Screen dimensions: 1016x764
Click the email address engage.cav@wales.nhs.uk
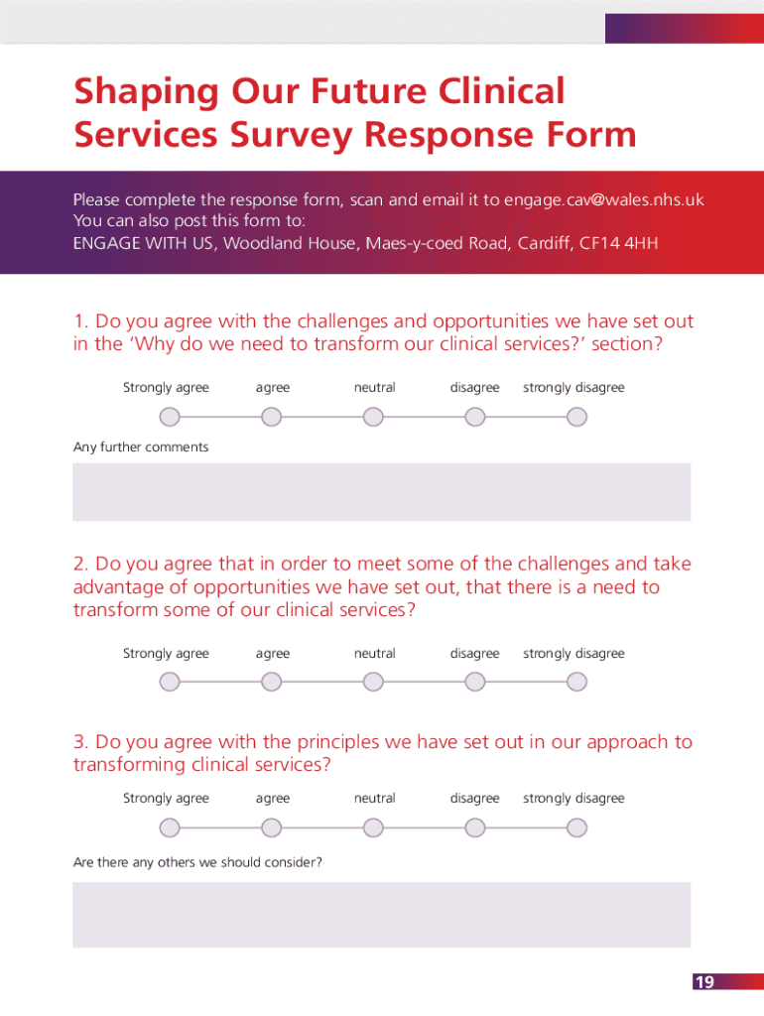(603, 199)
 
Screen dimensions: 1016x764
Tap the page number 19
(703, 982)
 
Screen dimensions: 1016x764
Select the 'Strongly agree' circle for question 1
(171, 417)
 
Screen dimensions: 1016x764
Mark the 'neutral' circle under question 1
(373, 417)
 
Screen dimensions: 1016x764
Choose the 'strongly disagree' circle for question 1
(576, 417)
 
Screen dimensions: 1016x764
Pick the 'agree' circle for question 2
(272, 683)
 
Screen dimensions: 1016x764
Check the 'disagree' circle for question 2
(475, 683)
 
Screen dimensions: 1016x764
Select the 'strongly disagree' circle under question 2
(576, 683)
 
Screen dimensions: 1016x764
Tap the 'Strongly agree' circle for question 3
(171, 827)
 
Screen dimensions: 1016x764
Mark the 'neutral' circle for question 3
(373, 827)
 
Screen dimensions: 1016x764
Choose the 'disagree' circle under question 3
(475, 827)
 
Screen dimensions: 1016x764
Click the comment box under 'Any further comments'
(381, 492)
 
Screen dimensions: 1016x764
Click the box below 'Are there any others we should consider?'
(381, 914)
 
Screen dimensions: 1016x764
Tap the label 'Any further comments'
(141, 447)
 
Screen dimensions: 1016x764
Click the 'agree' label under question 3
(273, 799)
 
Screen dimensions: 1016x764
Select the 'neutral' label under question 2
(375, 654)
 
